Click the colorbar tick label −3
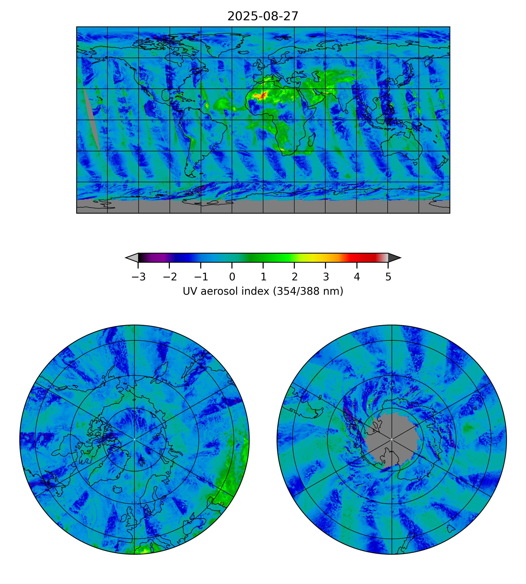coord(138,277)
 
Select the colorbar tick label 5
coord(388,277)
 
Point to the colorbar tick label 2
coord(294,277)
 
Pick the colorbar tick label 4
coord(357,277)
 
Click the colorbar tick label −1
coord(201,277)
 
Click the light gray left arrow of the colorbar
coord(132,257)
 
